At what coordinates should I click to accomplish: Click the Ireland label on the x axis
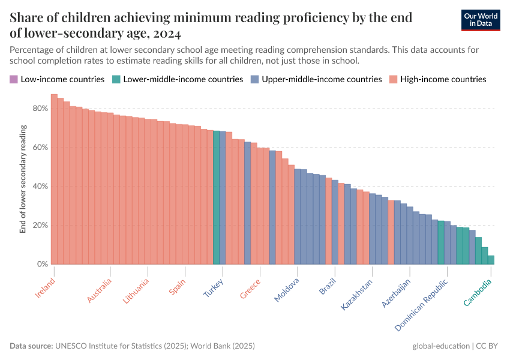(46, 289)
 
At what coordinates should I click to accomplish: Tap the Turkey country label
(214, 289)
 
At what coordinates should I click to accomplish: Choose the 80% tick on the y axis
(41, 109)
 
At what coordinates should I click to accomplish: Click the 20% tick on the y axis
(41, 226)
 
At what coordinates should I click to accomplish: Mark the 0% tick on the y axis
(43, 265)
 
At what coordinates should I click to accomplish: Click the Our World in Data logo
(480, 20)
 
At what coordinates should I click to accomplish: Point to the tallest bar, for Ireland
(54, 180)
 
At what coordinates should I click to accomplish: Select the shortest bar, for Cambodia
(491, 260)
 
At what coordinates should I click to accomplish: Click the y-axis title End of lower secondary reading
(23, 179)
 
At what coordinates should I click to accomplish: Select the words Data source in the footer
(31, 346)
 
